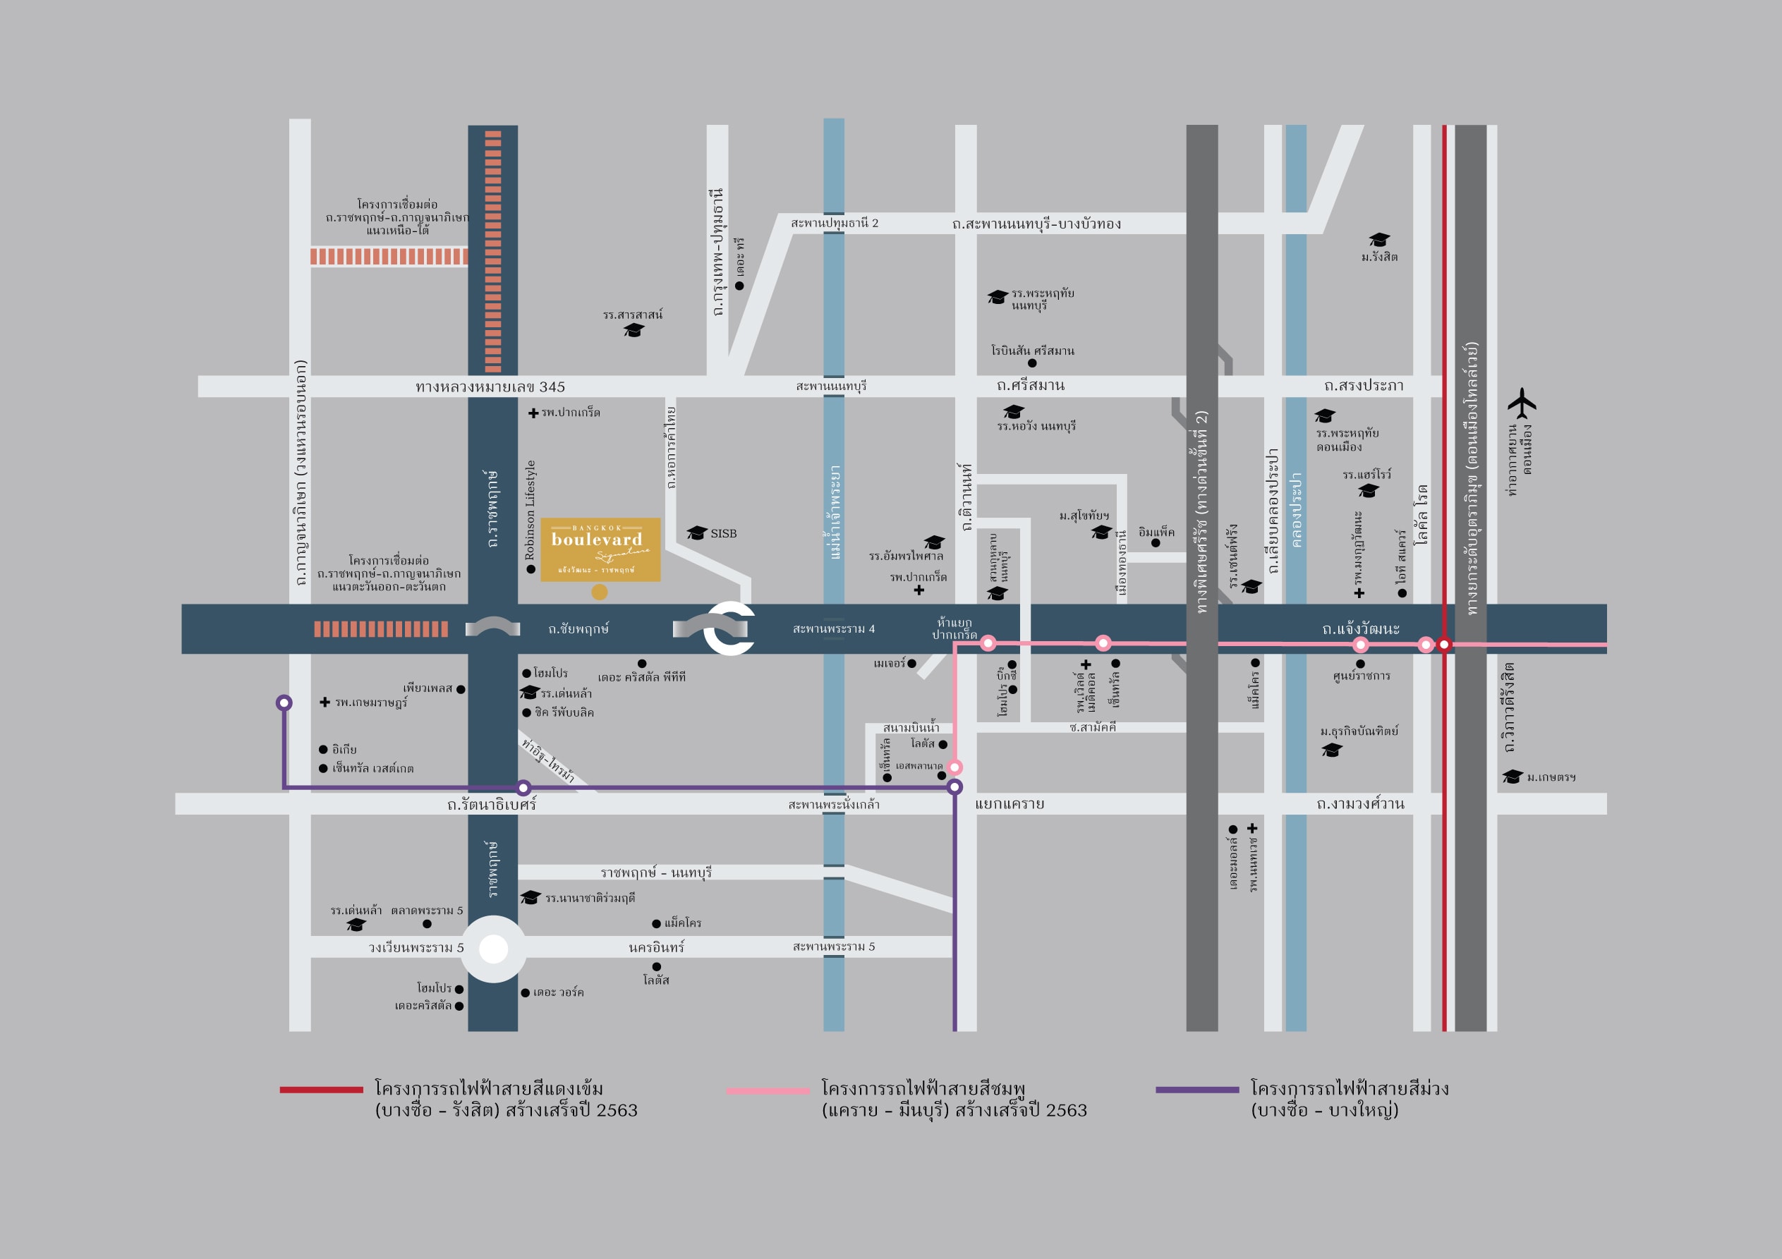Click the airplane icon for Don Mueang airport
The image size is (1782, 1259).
(x=1521, y=403)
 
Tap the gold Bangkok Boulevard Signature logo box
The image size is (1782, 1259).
(x=600, y=549)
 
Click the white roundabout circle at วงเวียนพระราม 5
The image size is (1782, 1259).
(x=494, y=949)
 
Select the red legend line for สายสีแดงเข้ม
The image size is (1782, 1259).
(x=321, y=1090)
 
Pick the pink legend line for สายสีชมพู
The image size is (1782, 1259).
(x=768, y=1090)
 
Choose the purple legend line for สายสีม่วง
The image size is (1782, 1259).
(x=1196, y=1090)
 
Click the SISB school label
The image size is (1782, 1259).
(x=723, y=533)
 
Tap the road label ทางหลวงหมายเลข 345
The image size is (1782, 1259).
(x=490, y=387)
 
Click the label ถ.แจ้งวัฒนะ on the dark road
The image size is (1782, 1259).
(x=1361, y=628)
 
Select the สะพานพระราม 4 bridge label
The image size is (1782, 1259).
(x=834, y=628)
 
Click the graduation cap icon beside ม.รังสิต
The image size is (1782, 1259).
(x=1378, y=240)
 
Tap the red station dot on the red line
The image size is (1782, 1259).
(x=1443, y=644)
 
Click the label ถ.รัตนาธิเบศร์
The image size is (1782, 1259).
(x=491, y=805)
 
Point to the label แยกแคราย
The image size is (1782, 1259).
(x=1009, y=804)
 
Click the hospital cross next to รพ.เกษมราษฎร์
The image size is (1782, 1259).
(x=325, y=703)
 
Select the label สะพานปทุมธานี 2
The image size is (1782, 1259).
(x=835, y=224)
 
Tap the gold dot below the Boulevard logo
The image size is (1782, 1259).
(x=599, y=592)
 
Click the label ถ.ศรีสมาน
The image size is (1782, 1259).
(x=1031, y=386)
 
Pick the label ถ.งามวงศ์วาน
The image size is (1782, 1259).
(x=1360, y=804)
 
